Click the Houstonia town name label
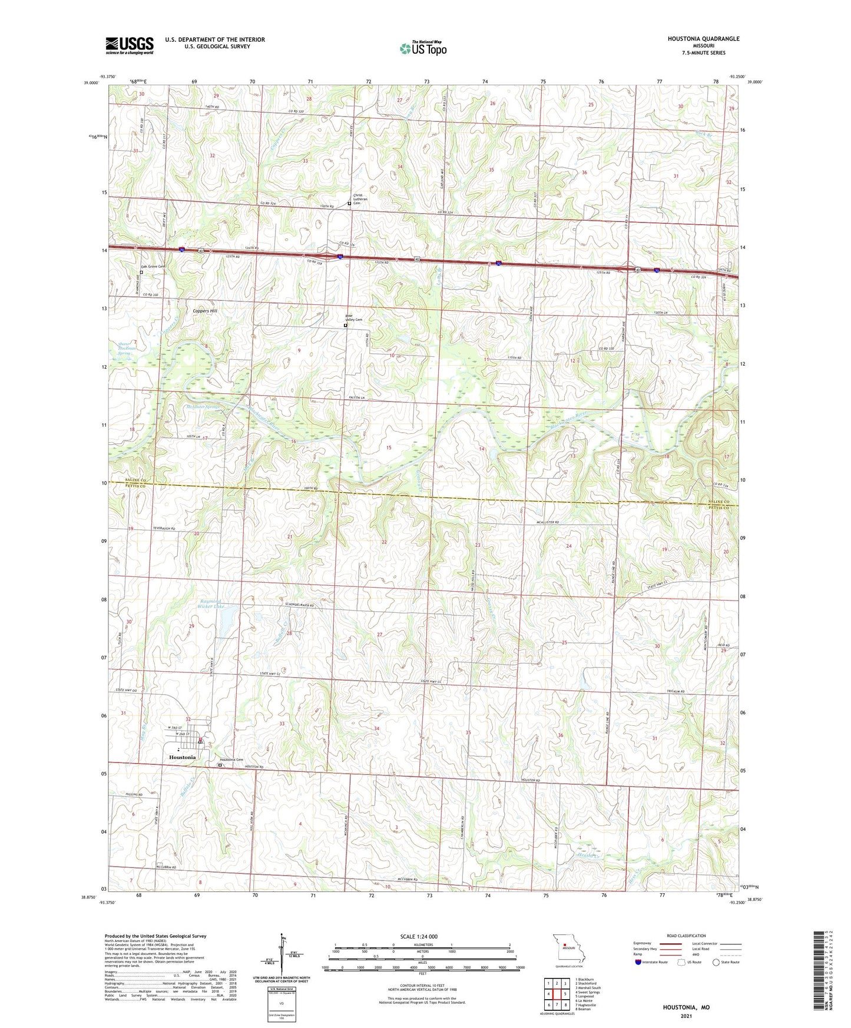click(182, 757)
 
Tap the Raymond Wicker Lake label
click(211, 603)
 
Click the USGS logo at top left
click(130, 45)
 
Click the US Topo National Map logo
click(423, 48)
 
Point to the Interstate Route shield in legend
click(638, 962)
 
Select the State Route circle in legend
click(716, 962)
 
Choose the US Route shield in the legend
click(681, 962)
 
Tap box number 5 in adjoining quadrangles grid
click(565, 994)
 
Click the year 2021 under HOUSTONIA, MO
click(687, 1016)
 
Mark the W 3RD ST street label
click(178, 728)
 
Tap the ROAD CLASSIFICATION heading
click(686, 936)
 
